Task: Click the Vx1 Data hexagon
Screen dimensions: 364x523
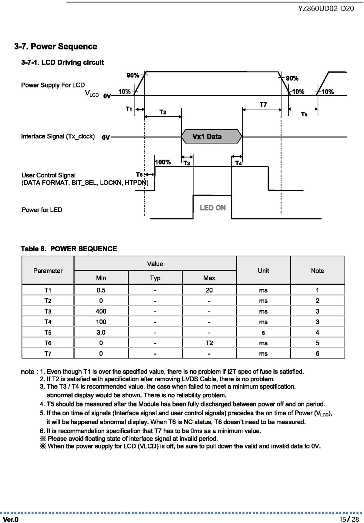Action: [x=212, y=137]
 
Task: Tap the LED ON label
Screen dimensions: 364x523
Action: [x=213, y=208]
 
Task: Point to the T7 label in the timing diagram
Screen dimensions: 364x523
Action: [x=263, y=104]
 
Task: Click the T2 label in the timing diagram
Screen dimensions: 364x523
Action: [x=163, y=112]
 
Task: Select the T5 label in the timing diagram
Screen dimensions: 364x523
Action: [x=304, y=114]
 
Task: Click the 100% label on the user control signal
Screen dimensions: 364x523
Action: [x=163, y=162]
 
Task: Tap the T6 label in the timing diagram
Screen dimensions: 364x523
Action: [x=139, y=174]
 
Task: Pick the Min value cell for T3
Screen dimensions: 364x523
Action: [x=101, y=311]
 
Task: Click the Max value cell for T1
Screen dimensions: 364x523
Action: [x=209, y=290]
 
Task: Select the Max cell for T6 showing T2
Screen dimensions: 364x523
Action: [x=209, y=343]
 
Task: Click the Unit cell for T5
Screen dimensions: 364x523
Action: [x=263, y=333]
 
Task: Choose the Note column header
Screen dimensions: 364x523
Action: [x=318, y=270]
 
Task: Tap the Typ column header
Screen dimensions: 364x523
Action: [x=155, y=278]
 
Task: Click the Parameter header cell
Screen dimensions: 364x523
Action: [x=48, y=270]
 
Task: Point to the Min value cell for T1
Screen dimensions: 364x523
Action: [x=101, y=290]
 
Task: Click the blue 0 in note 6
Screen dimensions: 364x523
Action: [x=192, y=431]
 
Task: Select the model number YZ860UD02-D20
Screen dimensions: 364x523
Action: [x=326, y=8]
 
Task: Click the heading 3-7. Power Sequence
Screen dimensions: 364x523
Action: [x=56, y=47]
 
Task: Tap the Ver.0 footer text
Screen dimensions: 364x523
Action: [x=11, y=520]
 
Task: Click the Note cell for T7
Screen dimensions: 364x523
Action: [x=318, y=353]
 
